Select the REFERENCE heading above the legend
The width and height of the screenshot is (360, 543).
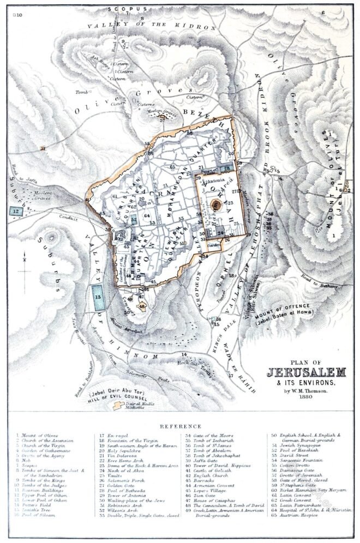(179, 426)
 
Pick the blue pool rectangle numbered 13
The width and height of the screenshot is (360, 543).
(98, 297)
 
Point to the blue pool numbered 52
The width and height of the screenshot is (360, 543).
(134, 219)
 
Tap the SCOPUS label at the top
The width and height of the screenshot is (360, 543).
(128, 9)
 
